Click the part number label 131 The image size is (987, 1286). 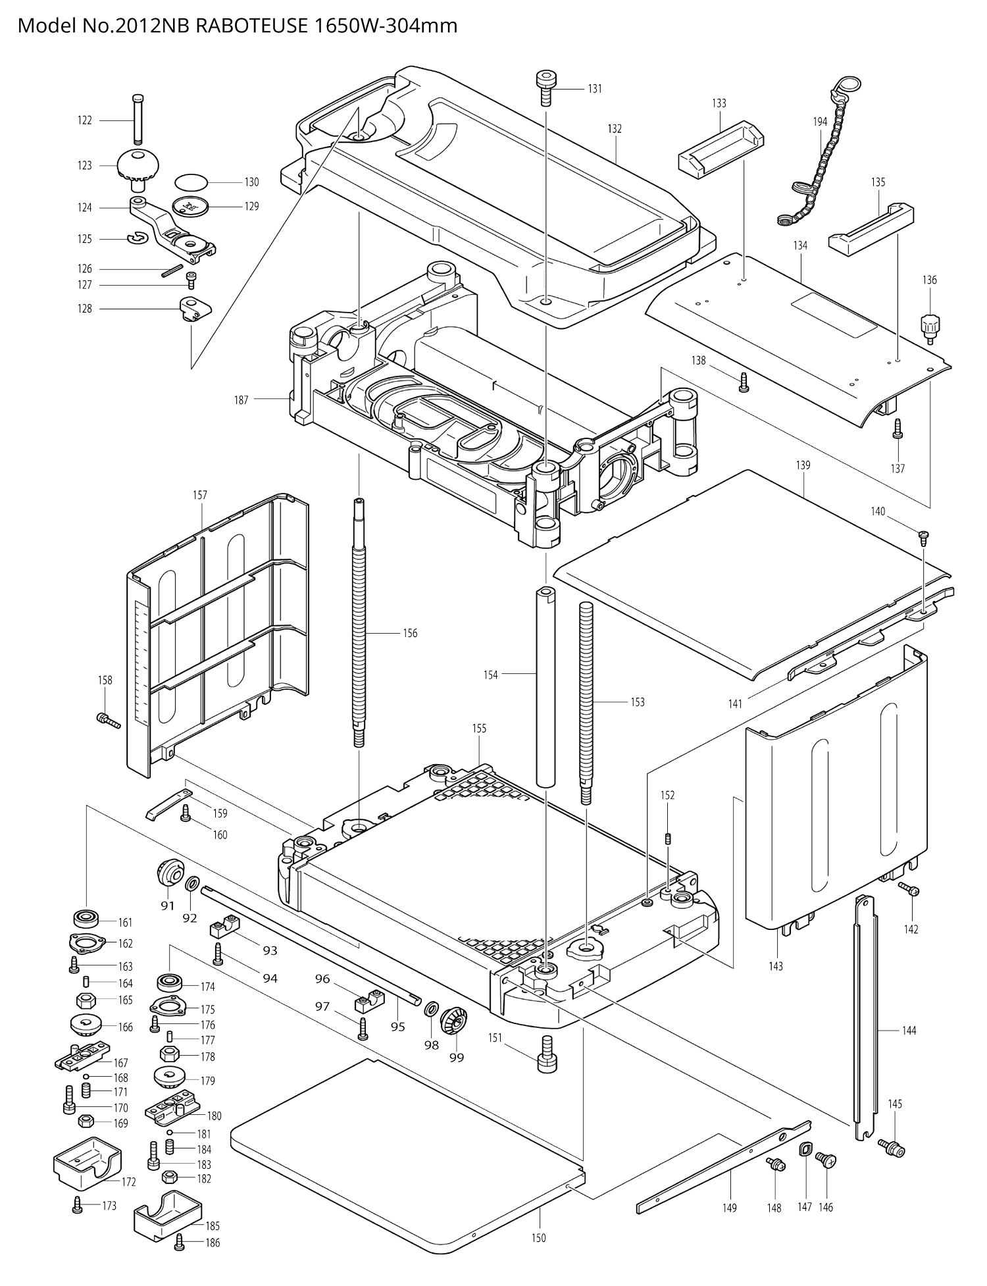[x=595, y=89]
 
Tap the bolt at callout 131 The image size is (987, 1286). [x=545, y=88]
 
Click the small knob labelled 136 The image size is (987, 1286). [x=930, y=326]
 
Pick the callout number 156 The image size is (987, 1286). [x=410, y=633]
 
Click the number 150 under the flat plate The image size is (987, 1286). [x=538, y=1238]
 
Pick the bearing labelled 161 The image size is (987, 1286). [x=86, y=917]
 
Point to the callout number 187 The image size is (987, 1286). [x=241, y=399]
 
